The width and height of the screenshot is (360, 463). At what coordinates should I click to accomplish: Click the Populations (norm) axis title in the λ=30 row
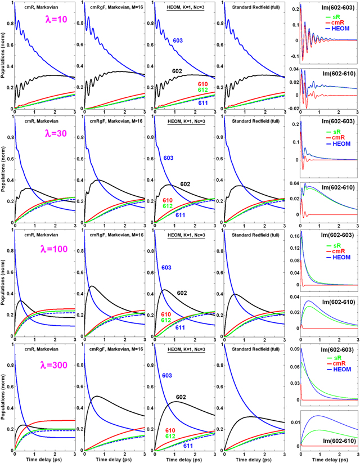(4, 169)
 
